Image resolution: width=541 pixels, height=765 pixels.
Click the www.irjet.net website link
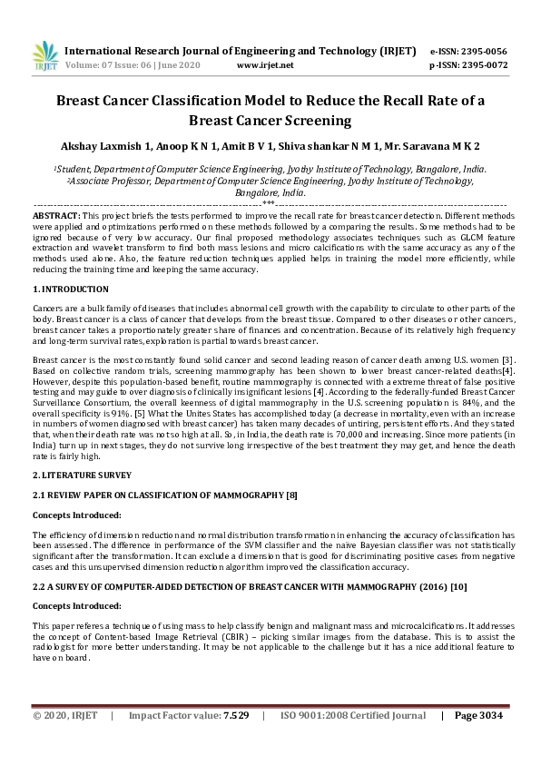coord(265,65)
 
